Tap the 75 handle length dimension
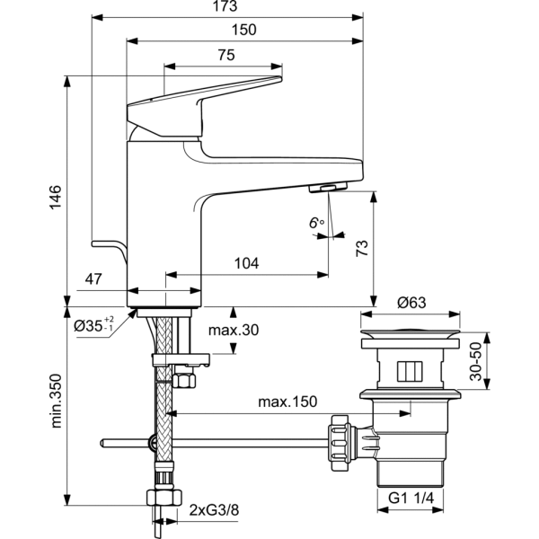[225, 56]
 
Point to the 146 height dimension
[55, 197]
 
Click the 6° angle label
[315, 221]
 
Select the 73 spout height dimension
[362, 247]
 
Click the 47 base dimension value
[94, 280]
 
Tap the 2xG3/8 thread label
[213, 512]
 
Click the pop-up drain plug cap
[411, 340]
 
